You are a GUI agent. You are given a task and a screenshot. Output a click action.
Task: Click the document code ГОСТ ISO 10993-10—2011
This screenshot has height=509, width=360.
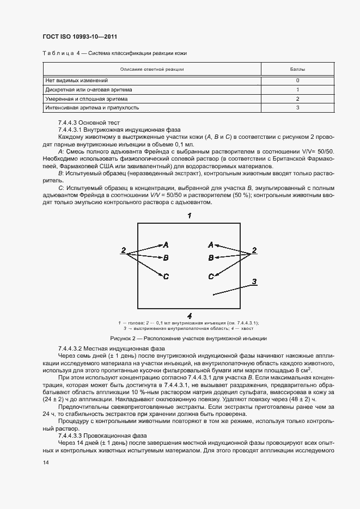pos(81,37)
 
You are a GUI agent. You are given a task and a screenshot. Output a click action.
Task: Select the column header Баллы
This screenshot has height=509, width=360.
pos(297,70)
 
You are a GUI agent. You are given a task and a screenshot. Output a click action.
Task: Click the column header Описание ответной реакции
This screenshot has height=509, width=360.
pos(152,70)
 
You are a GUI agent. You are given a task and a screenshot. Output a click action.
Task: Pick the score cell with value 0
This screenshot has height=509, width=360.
pos(297,80)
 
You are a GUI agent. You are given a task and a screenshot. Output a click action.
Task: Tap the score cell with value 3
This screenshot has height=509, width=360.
pos(297,108)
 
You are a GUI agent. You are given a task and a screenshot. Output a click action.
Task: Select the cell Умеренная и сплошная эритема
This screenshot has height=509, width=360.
pos(86,99)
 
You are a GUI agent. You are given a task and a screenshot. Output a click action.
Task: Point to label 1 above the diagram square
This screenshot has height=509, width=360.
pos(189,216)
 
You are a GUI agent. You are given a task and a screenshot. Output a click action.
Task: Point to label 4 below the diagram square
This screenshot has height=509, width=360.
pos(189,315)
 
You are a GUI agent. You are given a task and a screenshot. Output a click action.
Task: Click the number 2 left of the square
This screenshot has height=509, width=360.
pos(124,251)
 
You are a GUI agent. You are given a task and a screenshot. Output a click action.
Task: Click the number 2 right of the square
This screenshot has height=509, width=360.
pos(254,251)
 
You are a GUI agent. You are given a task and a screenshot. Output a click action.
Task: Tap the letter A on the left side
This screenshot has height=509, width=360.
pos(166,245)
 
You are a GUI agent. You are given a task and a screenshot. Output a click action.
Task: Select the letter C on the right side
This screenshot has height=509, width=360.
pos(211,277)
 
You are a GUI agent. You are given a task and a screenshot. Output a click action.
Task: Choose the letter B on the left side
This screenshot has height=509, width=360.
pos(166,257)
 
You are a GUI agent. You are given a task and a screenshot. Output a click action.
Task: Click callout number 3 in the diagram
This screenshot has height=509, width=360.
pos(254,281)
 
